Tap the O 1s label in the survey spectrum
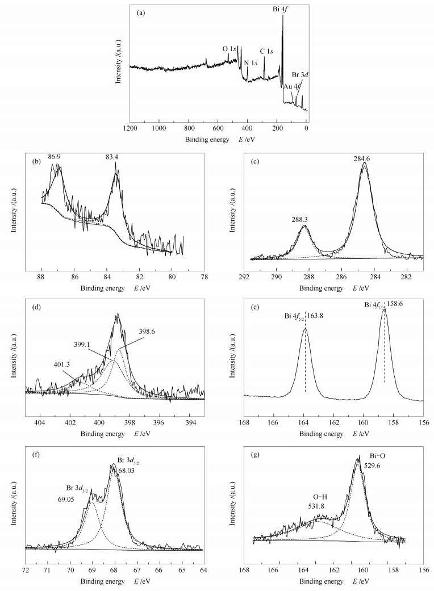click(230, 48)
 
